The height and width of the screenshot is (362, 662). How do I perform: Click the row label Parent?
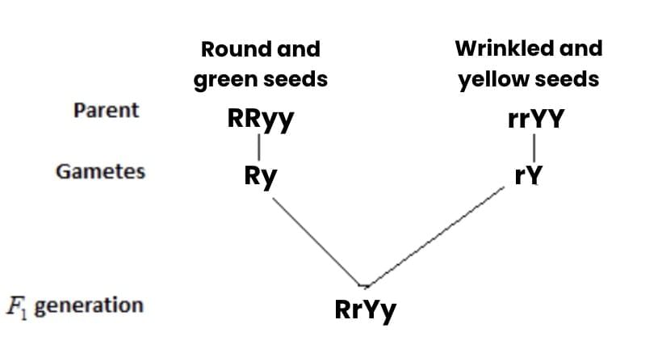coord(106,110)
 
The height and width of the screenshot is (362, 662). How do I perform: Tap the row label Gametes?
coord(100,171)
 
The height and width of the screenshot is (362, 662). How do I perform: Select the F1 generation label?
coord(74,305)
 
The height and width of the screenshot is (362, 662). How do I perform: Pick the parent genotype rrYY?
coord(537,120)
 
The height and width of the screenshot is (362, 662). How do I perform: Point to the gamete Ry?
coord(261,176)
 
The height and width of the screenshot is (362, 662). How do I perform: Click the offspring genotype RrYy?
coord(366,309)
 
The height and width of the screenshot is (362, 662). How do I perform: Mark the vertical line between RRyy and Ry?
coord(258,148)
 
